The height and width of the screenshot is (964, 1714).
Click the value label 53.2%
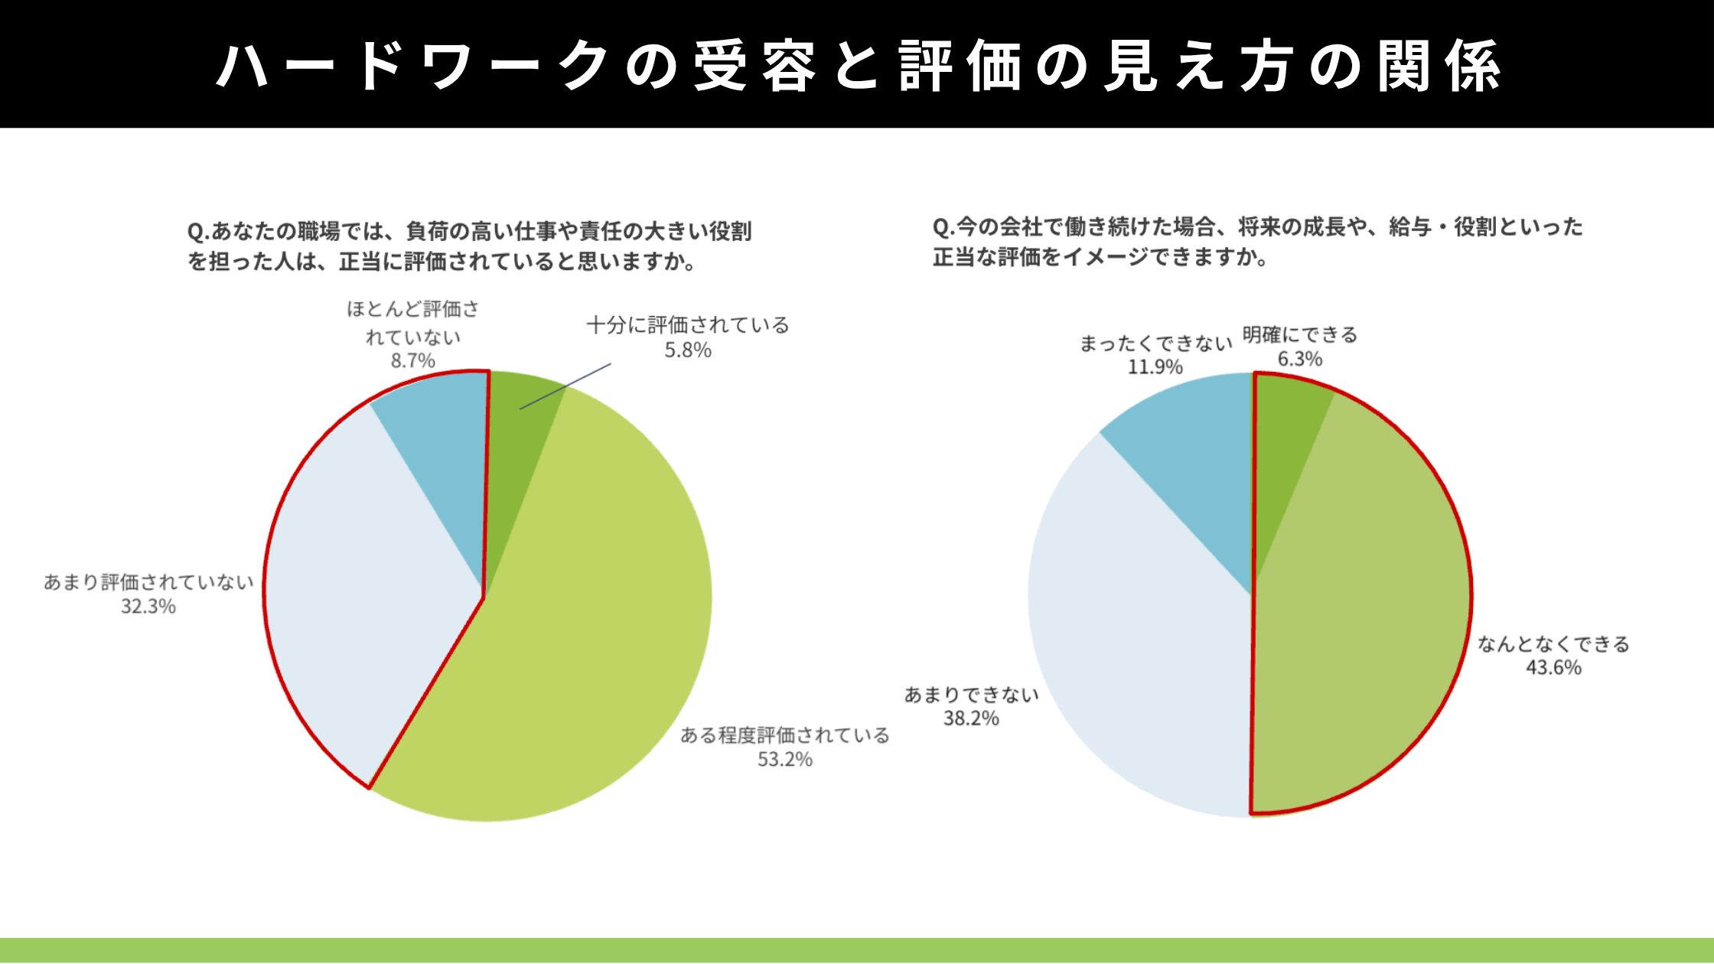785,760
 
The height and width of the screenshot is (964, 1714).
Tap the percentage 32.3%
148,607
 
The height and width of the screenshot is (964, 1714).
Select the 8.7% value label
413,360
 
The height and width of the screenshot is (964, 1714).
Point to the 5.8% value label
688,350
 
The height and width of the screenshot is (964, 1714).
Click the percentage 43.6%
1553,668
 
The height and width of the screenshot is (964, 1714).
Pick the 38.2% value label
971,718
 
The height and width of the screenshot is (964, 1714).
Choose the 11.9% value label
1155,367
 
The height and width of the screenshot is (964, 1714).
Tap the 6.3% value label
1300,359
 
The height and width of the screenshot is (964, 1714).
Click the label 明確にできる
1300,335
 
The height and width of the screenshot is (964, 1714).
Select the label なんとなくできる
1553,644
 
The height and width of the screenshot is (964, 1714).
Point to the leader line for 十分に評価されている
566,386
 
